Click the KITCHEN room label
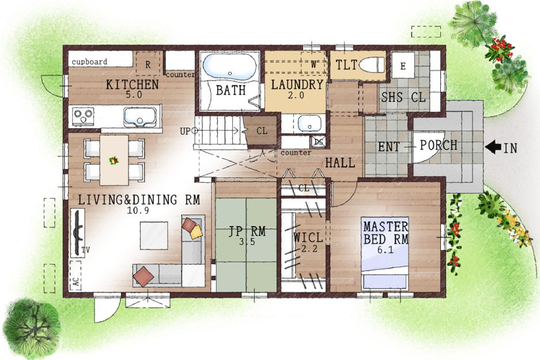(132, 84)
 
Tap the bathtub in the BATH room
(230, 66)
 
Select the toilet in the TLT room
(371, 65)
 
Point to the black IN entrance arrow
(493, 147)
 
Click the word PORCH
(439, 145)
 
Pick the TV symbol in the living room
(78, 233)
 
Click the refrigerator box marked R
(148, 64)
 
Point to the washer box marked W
(313, 63)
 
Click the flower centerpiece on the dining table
(114, 160)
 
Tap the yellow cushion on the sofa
(196, 232)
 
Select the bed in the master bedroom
(384, 253)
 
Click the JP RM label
(247, 231)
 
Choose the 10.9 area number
(138, 210)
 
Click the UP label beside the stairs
(185, 131)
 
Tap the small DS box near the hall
(319, 142)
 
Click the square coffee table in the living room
(154, 236)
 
